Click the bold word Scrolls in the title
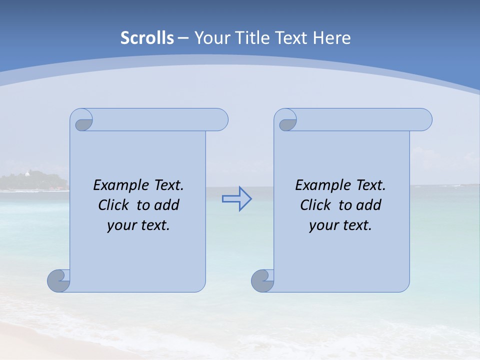(x=147, y=37)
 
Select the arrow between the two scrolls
(x=236, y=199)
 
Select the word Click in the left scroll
(x=114, y=205)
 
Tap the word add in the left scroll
(x=166, y=205)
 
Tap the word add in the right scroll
(x=368, y=205)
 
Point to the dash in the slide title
(x=183, y=38)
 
